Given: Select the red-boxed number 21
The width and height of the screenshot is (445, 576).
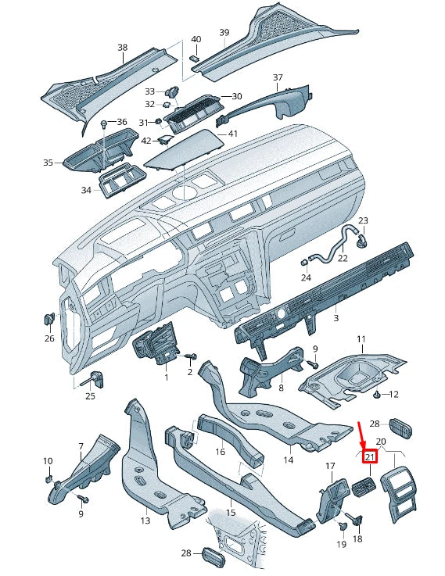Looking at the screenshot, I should pyautogui.click(x=370, y=457).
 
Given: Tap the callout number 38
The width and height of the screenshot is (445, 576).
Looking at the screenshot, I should pyautogui.click(x=122, y=48).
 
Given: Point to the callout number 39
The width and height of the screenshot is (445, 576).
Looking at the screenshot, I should pyautogui.click(x=224, y=32).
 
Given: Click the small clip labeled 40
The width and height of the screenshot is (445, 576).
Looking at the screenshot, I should pyautogui.click(x=195, y=56).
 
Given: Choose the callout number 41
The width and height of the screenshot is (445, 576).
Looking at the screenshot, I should pyautogui.click(x=232, y=134).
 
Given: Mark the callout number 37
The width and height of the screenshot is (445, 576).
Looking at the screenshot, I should pyautogui.click(x=278, y=77).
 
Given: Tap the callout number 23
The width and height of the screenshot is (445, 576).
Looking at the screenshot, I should pyautogui.click(x=363, y=221).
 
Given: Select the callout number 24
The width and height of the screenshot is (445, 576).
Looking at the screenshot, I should pyautogui.click(x=306, y=277).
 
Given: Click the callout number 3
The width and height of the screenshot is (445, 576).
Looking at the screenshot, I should pyautogui.click(x=336, y=319).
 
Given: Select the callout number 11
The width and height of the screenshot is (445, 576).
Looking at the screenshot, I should pyautogui.click(x=361, y=339).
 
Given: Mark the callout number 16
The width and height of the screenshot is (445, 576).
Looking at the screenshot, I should pyautogui.click(x=221, y=452).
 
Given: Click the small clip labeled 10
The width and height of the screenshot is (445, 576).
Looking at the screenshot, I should pyautogui.click(x=48, y=478).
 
